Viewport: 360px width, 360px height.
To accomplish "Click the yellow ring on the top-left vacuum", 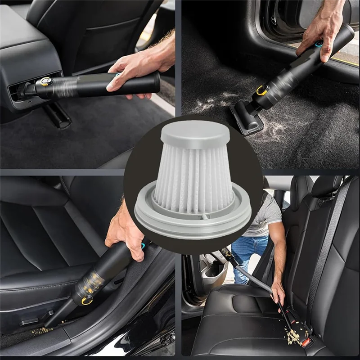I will [46, 81].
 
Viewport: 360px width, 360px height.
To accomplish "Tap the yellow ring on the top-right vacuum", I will [262, 90].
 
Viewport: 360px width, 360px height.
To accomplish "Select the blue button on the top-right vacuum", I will [319, 44].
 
